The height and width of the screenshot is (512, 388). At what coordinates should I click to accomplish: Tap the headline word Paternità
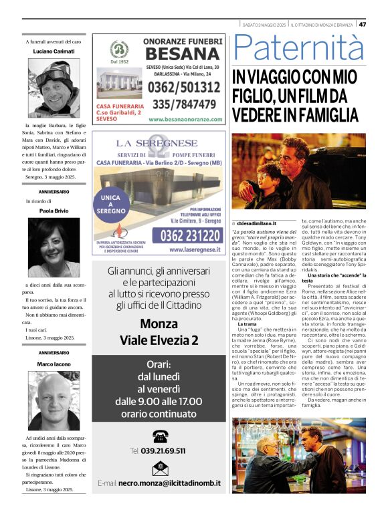pyautogui.click(x=300, y=49)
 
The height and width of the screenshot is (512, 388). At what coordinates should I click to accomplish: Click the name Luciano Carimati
pyautogui.click(x=54, y=51)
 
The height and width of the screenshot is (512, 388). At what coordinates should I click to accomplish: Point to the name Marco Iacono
pyautogui.click(x=54, y=364)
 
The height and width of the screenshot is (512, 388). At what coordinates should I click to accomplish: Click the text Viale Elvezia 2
pyautogui.click(x=159, y=340)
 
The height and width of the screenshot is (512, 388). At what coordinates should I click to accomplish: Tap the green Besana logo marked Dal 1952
pyautogui.click(x=120, y=50)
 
